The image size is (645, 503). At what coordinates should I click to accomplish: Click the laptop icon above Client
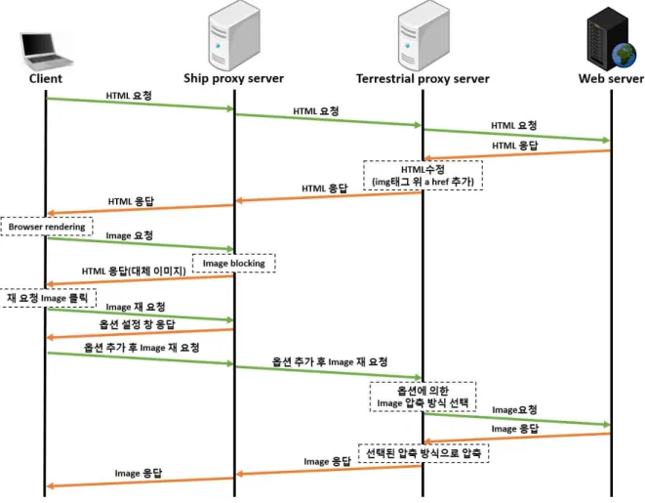coord(47,51)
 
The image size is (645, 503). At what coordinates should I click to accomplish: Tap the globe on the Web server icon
coord(625,56)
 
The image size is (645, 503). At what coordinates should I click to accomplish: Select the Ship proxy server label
coord(233,78)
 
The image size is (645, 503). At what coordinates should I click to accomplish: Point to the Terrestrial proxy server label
coord(423,78)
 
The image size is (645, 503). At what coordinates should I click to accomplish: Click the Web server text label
coord(611,78)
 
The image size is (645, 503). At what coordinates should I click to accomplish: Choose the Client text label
coord(46,78)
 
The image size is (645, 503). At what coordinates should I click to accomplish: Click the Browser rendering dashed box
coord(47,227)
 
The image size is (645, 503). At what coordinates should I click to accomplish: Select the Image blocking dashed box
coord(233,263)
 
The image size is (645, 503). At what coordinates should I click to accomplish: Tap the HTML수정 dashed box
coord(423,176)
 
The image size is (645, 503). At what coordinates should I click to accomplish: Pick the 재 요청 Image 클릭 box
coord(48,298)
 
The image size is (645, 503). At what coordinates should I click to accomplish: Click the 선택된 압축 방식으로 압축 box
coord(423,453)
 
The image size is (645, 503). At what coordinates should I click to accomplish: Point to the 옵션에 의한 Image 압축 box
coord(423,397)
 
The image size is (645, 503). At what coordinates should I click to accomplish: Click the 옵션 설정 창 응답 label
coord(137,324)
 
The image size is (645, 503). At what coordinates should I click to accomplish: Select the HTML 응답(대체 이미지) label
coord(134,272)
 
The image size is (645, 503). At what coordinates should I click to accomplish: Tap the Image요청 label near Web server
coord(514,410)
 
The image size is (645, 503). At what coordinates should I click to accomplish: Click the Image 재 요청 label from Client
coord(136,307)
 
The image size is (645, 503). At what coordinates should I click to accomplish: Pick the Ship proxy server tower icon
coord(233,35)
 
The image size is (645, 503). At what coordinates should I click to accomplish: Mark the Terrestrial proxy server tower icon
coord(423,35)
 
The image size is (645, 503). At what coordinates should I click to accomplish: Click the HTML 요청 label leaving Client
coord(129,96)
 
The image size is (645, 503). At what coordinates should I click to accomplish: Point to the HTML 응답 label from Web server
coord(515,146)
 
